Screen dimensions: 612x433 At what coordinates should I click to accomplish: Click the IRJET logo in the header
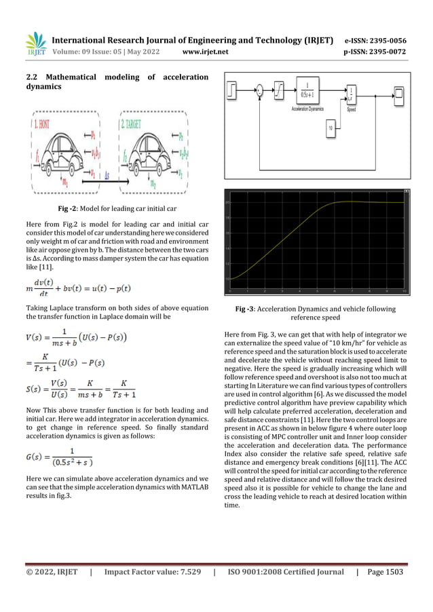tap(34, 43)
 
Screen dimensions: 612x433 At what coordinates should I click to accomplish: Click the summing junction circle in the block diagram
tap(258, 89)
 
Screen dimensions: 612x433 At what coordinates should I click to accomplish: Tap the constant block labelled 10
tap(331, 128)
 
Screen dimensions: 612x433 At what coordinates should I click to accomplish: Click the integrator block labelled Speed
tap(351, 93)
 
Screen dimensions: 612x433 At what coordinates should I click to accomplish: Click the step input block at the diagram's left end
tap(234, 89)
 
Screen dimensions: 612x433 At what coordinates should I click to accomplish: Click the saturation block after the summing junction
tap(279, 89)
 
